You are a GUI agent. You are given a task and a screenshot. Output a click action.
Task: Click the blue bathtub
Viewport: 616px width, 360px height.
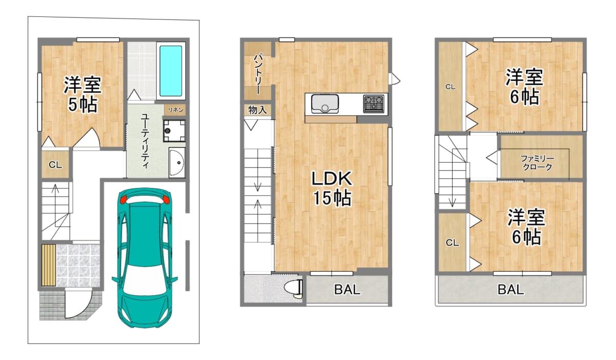(171, 71)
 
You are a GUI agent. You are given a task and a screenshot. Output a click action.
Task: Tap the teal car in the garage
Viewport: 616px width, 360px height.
(145, 258)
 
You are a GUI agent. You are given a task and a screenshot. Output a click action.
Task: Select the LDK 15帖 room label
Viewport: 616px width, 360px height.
(332, 188)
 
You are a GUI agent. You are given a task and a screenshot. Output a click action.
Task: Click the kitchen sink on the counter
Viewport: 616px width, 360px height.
(325, 104)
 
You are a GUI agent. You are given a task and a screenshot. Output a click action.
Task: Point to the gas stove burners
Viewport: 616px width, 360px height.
(374, 104)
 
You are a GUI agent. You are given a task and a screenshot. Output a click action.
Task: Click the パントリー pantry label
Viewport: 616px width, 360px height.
(258, 74)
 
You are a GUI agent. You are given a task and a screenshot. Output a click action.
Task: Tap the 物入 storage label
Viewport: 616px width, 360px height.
(257, 110)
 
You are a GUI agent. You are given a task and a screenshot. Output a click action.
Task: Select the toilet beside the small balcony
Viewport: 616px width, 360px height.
(294, 289)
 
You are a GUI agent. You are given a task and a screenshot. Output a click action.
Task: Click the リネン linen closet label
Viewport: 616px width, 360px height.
(176, 110)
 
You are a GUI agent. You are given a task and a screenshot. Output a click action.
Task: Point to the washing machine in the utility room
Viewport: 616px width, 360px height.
(175, 130)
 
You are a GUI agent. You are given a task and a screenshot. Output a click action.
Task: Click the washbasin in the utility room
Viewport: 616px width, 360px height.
(177, 162)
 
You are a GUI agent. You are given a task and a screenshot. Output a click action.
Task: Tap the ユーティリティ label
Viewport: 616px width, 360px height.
(145, 140)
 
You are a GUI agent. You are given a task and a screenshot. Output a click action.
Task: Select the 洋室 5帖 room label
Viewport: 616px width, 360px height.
(83, 94)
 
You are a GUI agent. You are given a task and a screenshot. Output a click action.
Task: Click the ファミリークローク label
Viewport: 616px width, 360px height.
(537, 162)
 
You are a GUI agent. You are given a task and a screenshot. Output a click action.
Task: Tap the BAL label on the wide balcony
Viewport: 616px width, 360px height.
(511, 289)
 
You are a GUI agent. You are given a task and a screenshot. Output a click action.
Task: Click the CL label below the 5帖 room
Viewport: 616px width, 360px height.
(55, 165)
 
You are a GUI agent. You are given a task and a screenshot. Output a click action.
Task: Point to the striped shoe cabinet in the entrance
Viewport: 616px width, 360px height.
(49, 265)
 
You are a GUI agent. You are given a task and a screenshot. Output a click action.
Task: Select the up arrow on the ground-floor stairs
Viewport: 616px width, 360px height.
(55, 201)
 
